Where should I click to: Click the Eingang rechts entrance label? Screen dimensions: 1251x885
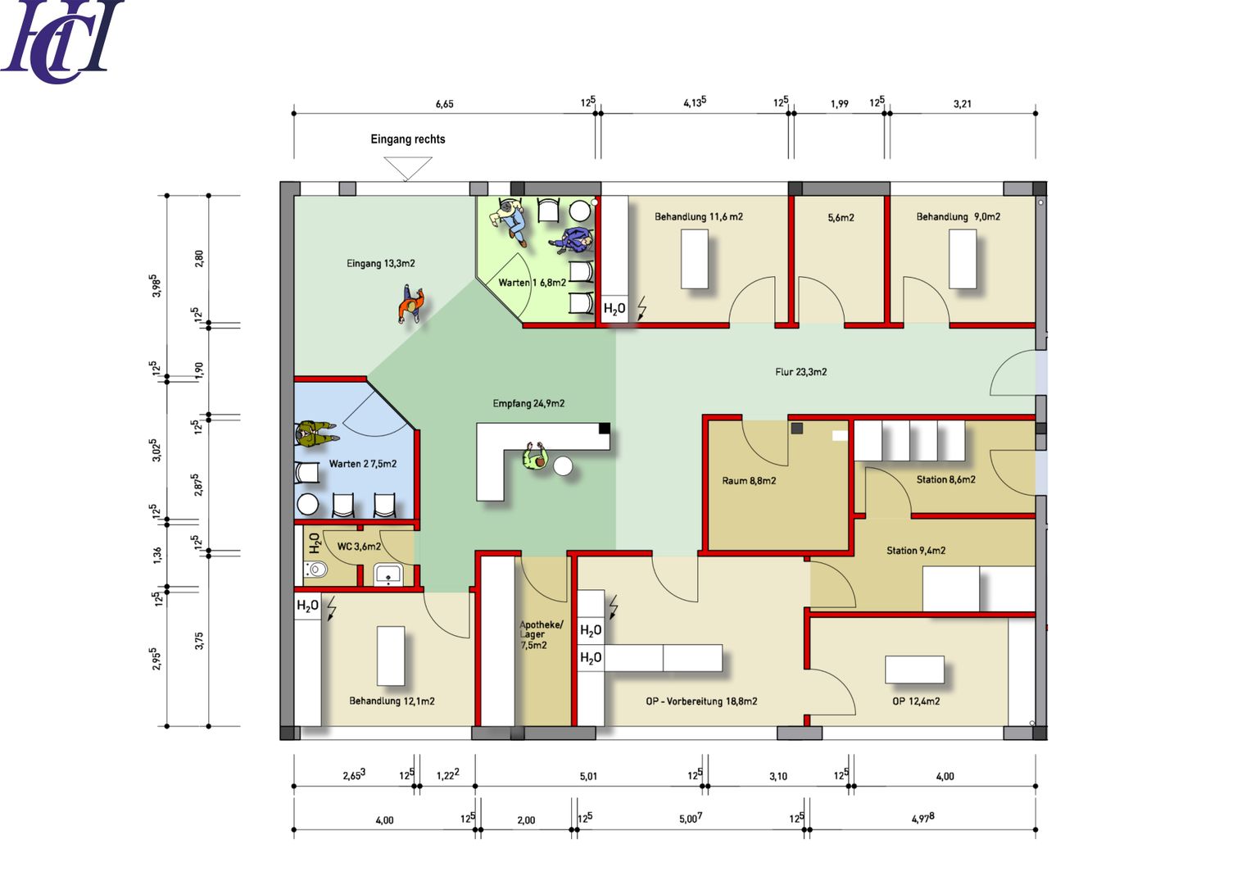point(408,139)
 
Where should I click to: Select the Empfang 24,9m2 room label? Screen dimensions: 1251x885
point(528,403)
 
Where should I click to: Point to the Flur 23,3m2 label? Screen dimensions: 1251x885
point(801,372)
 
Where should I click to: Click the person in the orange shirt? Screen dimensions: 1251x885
point(410,305)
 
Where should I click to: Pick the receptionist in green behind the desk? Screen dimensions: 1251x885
point(534,457)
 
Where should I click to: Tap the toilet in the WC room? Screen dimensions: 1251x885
point(315,570)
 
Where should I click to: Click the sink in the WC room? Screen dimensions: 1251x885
point(388,575)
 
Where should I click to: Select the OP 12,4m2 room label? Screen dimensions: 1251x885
point(916,701)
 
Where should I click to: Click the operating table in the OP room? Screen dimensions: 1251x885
point(914,669)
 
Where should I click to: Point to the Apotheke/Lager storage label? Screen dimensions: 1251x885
point(540,635)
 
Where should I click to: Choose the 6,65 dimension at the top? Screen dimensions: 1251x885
point(445,104)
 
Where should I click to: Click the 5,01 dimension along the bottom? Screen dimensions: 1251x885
point(588,776)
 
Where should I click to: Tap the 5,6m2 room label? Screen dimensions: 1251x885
point(841,217)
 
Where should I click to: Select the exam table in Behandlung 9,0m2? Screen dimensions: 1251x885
point(963,259)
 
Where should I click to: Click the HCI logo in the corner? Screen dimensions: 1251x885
point(61,41)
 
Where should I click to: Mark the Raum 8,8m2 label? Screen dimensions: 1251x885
point(748,480)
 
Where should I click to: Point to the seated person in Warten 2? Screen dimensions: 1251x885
point(316,433)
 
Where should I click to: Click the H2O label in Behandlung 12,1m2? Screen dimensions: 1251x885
point(308,606)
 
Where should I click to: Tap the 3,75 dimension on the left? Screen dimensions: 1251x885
point(199,641)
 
